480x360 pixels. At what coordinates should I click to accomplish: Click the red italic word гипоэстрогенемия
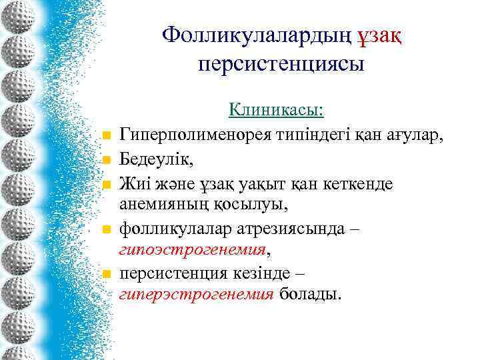point(193,250)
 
